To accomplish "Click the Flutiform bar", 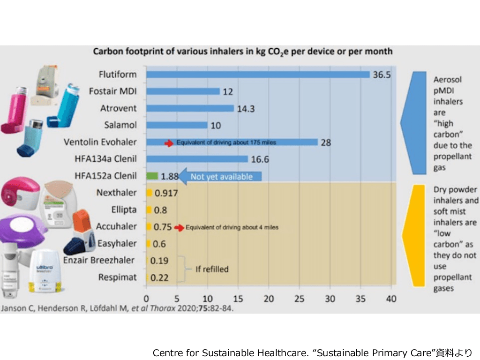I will [x=258, y=75].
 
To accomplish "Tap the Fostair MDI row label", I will [x=113, y=91].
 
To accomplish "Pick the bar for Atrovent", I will [x=190, y=108].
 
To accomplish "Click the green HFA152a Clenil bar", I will [x=152, y=176].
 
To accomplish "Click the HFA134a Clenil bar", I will [x=197, y=159].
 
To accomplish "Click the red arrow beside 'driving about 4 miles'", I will [x=179, y=227].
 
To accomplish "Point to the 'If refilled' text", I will [x=212, y=269].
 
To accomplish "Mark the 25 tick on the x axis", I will [x=300, y=299].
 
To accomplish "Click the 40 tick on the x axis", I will [x=391, y=299].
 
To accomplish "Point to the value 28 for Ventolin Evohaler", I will [x=326, y=142].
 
